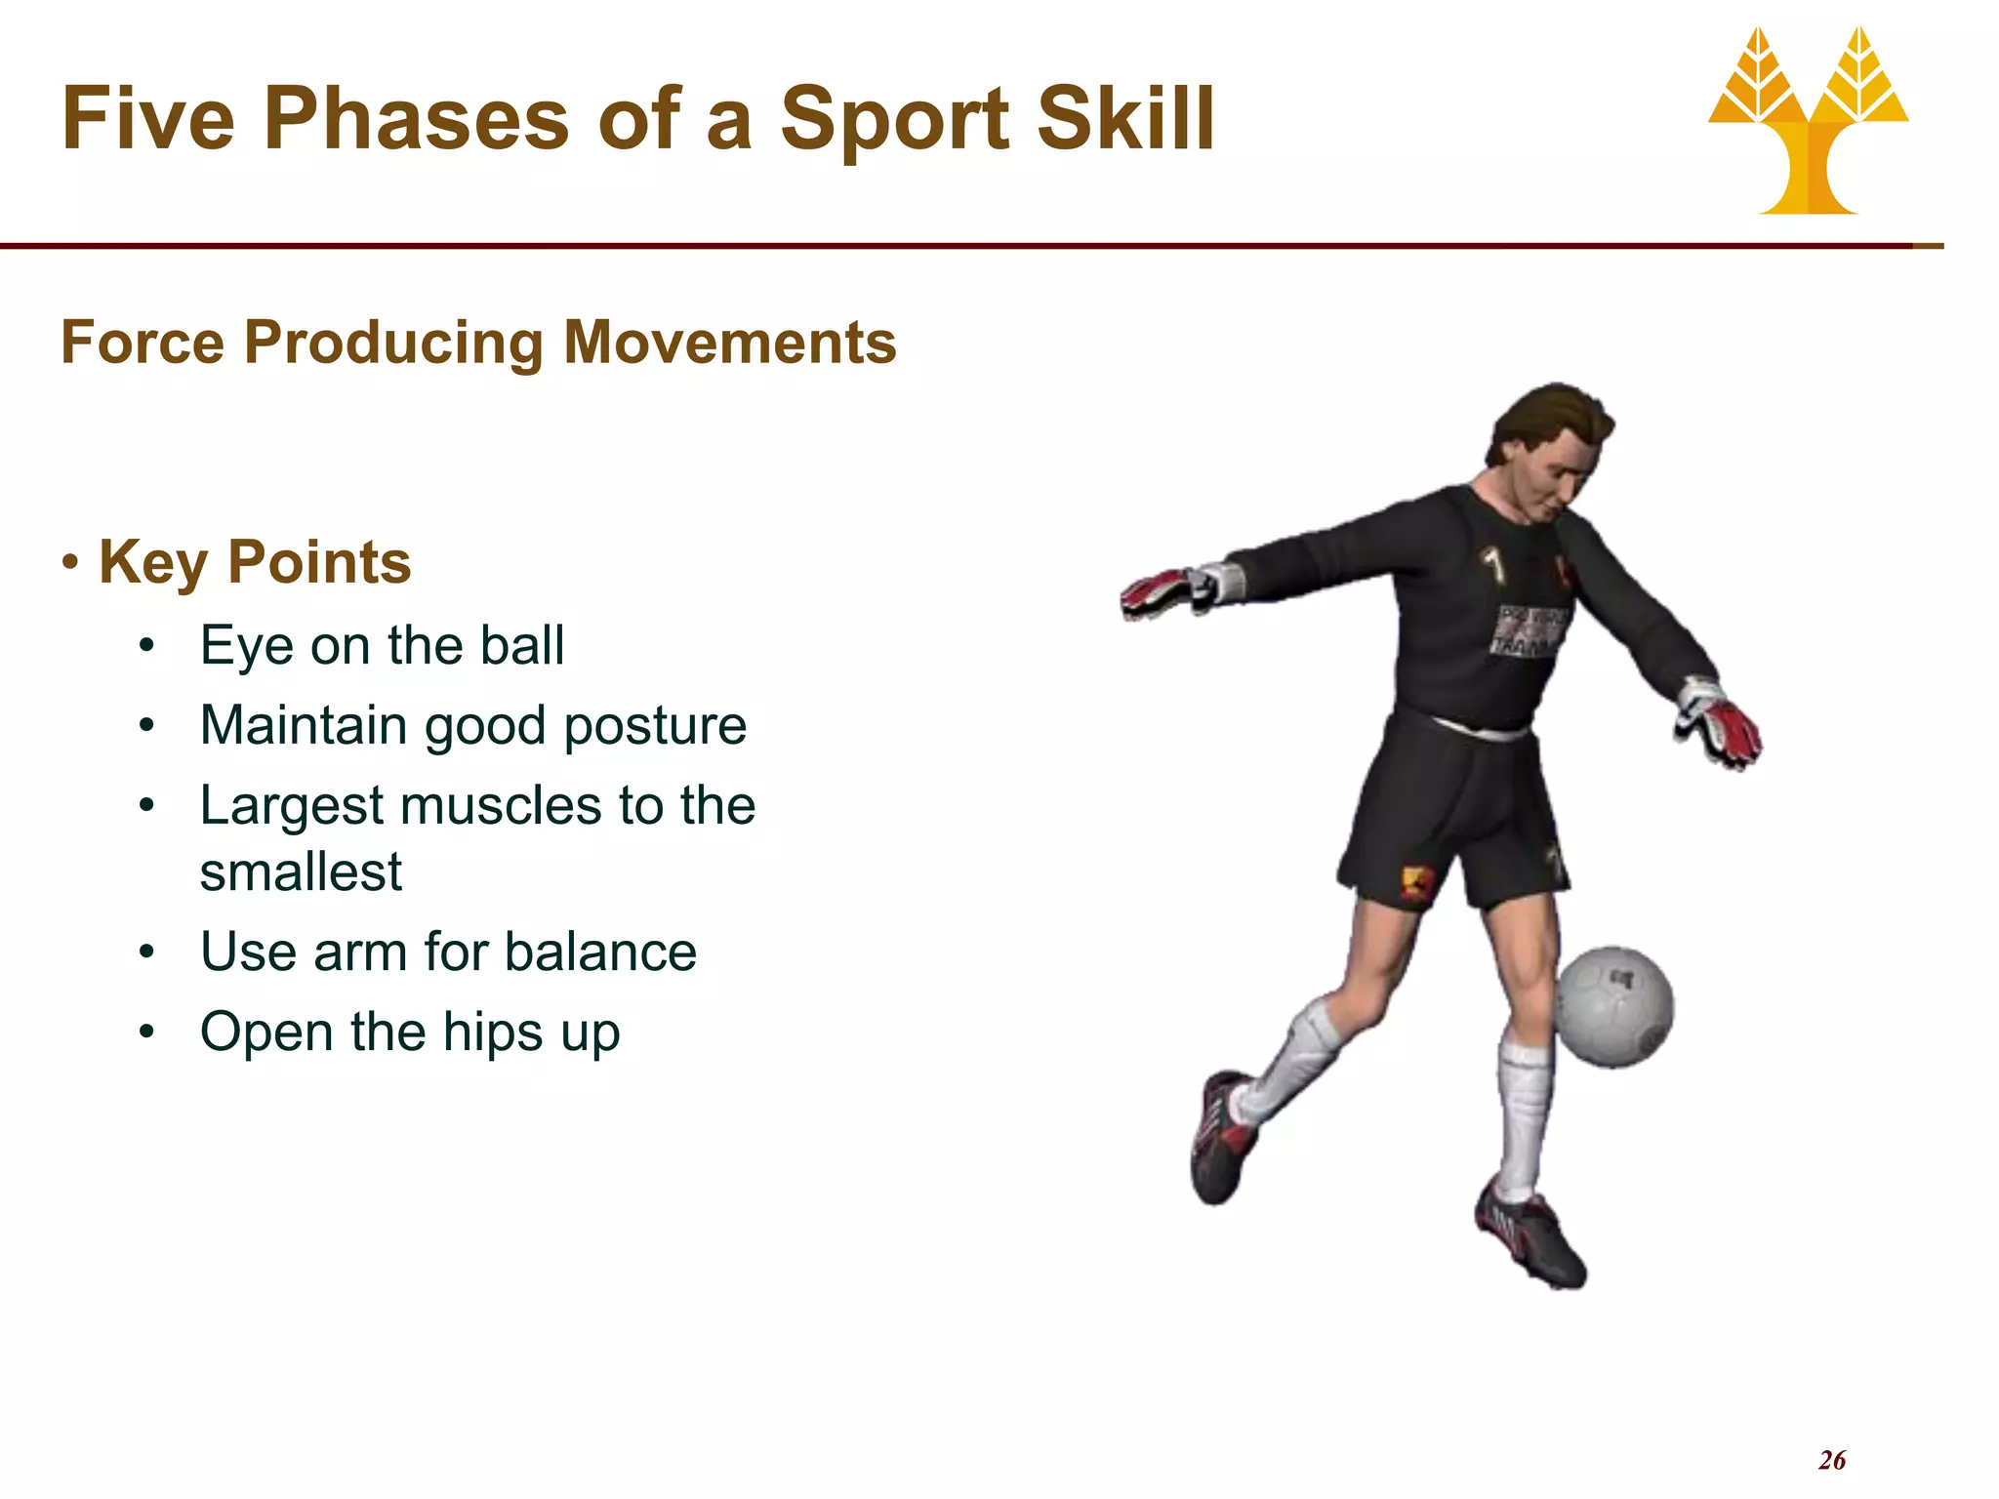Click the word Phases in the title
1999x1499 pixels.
(x=416, y=119)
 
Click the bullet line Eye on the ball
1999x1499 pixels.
(x=382, y=646)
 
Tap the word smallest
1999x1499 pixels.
(x=301, y=871)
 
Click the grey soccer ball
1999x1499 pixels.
(x=1612, y=1007)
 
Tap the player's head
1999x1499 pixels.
(x=1552, y=455)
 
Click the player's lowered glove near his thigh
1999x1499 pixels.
(x=1720, y=724)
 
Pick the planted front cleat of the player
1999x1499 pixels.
(x=1530, y=1237)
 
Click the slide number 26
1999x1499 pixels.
(x=1831, y=1460)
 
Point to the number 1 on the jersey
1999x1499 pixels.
(x=1491, y=565)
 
